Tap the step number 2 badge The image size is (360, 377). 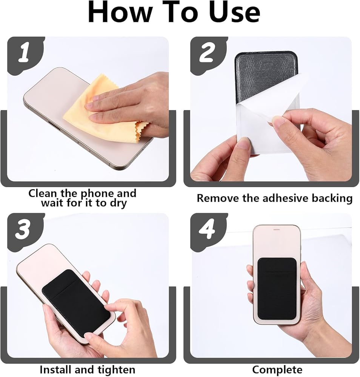[x=207, y=54]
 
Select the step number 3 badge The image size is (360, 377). [x=23, y=230]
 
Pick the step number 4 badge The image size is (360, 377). [x=207, y=230]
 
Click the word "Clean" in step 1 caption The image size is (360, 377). [x=43, y=193]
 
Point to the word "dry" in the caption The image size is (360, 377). [x=118, y=204]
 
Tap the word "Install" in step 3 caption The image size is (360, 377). [x=55, y=369]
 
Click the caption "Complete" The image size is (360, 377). [x=277, y=369]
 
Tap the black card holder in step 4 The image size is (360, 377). [x=277, y=288]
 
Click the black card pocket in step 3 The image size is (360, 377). [x=76, y=302]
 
